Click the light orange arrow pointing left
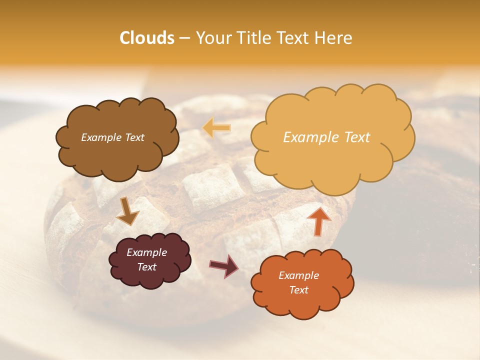[x=216, y=128]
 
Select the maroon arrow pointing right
[x=224, y=266]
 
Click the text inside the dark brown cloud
[x=112, y=137]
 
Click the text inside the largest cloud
[x=326, y=137]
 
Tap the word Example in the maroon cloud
[x=146, y=252]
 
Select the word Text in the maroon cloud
[x=146, y=267]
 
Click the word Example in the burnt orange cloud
[x=298, y=275]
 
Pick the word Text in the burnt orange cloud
[x=298, y=290]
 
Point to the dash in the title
[x=184, y=38]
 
